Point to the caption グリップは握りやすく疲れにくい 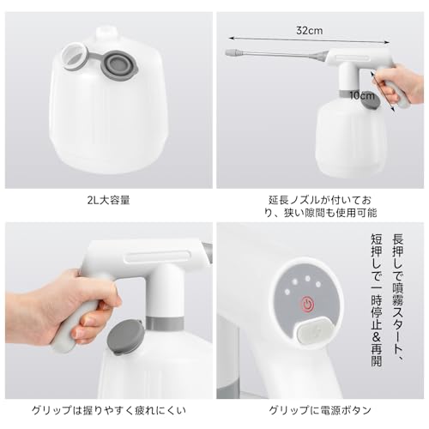pos(108,411)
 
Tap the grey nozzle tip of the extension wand pos(233,52)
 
